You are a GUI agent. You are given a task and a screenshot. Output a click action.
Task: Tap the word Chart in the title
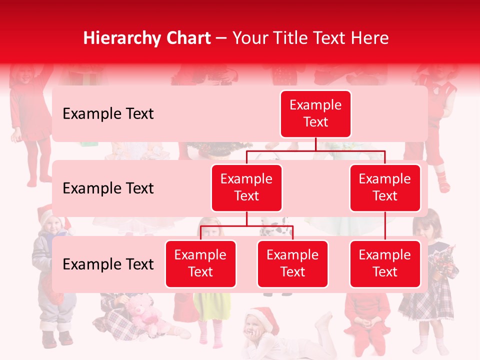(186, 38)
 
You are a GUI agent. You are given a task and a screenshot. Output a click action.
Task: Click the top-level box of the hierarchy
(315, 114)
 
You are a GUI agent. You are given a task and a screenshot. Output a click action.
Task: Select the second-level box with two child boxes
(246, 187)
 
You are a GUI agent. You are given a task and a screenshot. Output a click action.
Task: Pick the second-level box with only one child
(385, 187)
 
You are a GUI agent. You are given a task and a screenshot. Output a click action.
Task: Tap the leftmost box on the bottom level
(200, 263)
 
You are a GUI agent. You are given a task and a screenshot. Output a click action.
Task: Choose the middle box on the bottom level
(292, 263)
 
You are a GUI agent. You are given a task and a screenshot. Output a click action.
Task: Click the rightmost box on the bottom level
(385, 263)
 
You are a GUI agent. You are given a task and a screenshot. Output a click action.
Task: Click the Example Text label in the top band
(108, 114)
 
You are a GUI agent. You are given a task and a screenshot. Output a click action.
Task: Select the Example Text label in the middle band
(108, 188)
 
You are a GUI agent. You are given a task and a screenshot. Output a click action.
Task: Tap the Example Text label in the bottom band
(108, 264)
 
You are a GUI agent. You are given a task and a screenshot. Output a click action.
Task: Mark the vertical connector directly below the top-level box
(315, 144)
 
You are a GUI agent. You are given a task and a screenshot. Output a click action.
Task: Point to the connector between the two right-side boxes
(385, 225)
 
